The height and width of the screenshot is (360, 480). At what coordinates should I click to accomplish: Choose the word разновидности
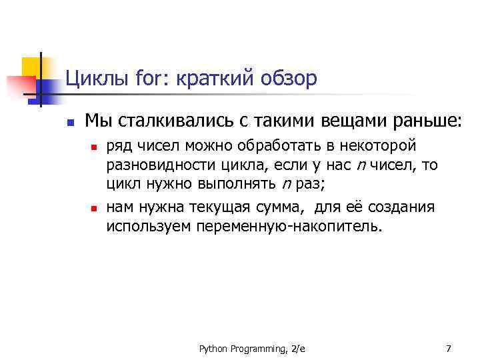155,164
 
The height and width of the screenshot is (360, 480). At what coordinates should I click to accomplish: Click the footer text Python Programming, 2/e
247,348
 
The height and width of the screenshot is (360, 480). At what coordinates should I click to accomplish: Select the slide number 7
448,348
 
